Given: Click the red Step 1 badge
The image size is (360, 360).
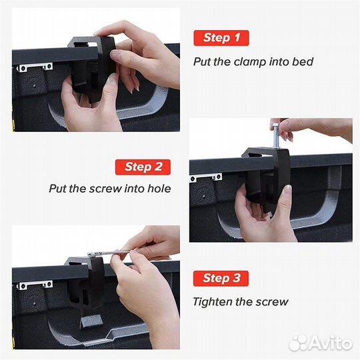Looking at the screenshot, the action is tap(221, 38).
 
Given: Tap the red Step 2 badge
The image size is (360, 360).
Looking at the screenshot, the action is tap(143, 167).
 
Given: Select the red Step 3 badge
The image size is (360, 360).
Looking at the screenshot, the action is tap(221, 278).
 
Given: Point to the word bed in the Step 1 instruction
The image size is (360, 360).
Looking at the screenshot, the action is tap(303, 61).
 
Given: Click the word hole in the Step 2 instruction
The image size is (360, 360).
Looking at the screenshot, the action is tap(159, 189).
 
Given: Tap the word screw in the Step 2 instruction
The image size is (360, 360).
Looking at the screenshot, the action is tap(105, 189).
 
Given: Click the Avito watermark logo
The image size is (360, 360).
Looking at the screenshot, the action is tap(321, 343).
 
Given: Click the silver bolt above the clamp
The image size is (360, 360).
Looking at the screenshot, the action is tap(276, 136).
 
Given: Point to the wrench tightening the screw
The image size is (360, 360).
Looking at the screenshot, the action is tap(108, 253).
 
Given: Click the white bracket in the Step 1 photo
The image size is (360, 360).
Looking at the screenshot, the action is tap(35, 67).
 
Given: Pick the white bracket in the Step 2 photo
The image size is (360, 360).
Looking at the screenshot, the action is tap(205, 177).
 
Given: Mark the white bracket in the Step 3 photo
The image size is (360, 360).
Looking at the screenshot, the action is tap(35, 285).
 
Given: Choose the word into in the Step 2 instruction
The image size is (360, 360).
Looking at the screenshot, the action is tap(135, 189).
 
